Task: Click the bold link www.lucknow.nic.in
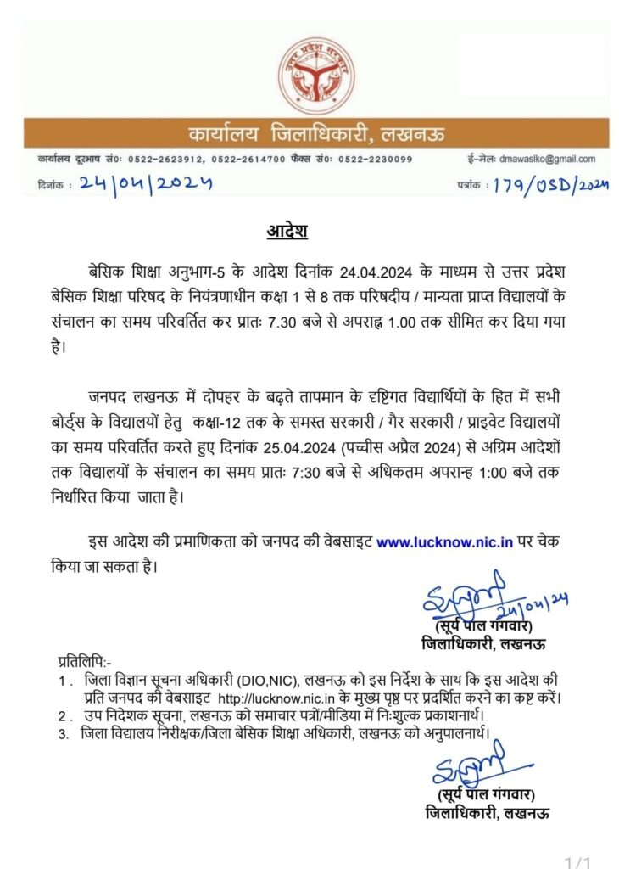click(x=444, y=541)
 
